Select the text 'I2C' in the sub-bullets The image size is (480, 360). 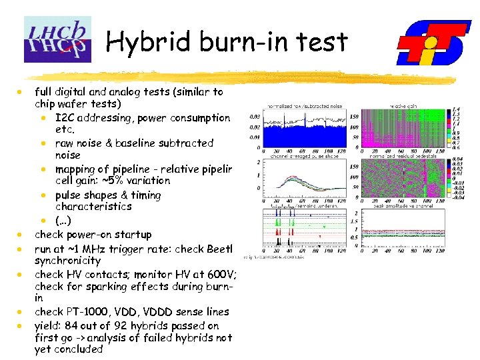(67, 118)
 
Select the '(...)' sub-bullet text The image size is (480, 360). (65, 221)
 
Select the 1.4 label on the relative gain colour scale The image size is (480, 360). (455, 109)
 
